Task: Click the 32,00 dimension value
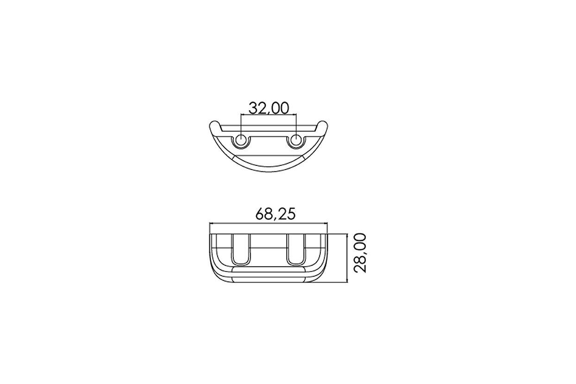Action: pyautogui.click(x=269, y=108)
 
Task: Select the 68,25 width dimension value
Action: pyautogui.click(x=275, y=214)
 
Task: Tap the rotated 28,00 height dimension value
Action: pyautogui.click(x=360, y=253)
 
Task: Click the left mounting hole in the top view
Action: pyautogui.click(x=241, y=140)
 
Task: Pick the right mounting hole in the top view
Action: pyautogui.click(x=296, y=140)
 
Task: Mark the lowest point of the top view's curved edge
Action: pyautogui.click(x=269, y=171)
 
